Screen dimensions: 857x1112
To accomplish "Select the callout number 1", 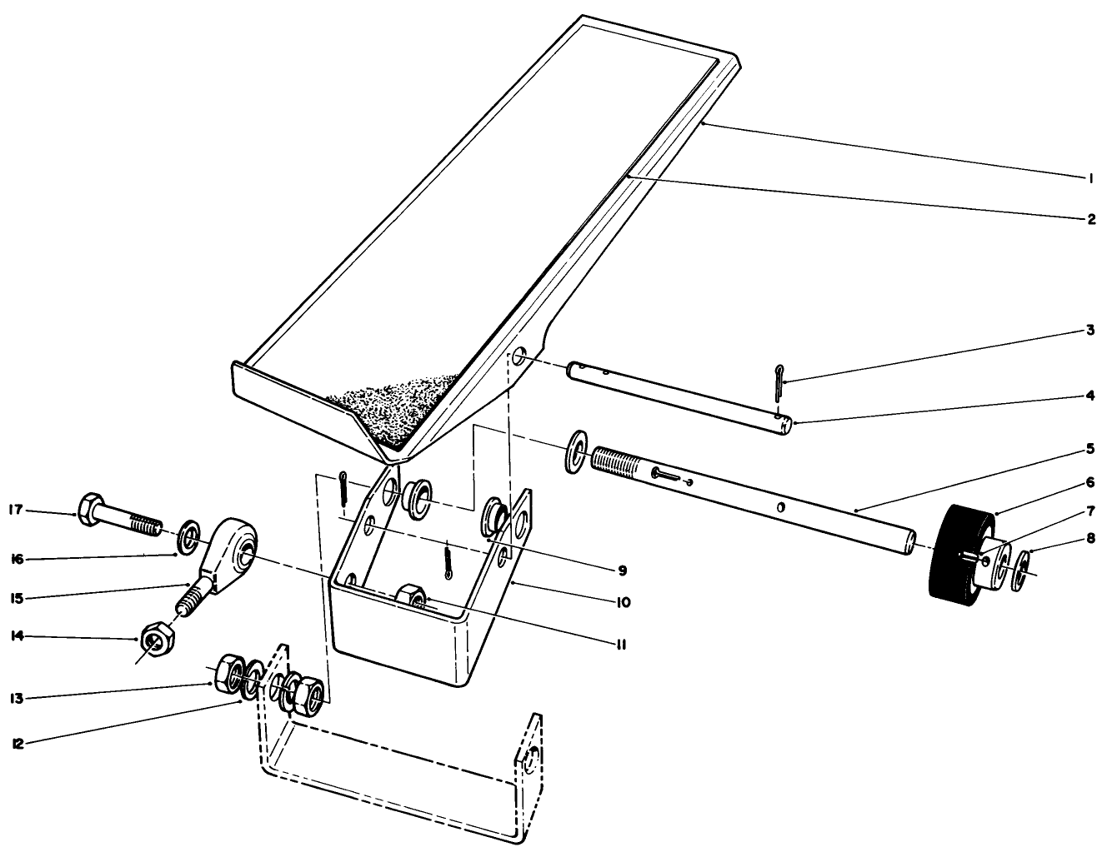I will pos(1089,177).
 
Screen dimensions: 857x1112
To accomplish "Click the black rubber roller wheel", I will pos(959,552).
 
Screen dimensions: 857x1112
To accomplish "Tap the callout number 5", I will pos(1089,449).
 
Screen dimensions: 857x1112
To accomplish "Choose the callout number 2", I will pos(1089,220).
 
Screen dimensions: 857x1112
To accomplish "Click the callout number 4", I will pos(1089,396).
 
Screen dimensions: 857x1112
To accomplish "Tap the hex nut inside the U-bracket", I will pos(411,596).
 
